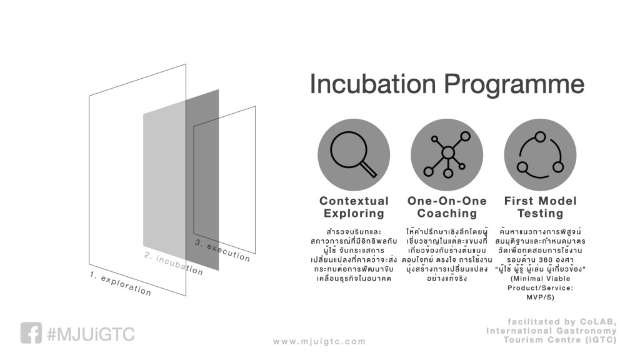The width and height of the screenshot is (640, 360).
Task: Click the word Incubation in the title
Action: coord(373,84)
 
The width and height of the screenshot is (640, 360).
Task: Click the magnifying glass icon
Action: coord(354,155)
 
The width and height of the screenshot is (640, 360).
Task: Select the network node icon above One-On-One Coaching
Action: coord(447,155)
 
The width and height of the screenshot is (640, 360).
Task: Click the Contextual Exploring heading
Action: coord(354,207)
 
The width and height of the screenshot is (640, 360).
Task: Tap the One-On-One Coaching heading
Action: coord(447,207)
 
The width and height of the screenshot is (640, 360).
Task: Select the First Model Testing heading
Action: coord(541,207)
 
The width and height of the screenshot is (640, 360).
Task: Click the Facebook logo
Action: coord(31,333)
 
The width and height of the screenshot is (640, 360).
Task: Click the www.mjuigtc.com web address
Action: coord(319,342)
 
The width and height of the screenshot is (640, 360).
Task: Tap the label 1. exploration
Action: coord(121,283)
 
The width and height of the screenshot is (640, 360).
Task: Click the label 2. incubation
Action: coord(174,264)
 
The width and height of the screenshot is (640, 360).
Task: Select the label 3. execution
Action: coord(222,250)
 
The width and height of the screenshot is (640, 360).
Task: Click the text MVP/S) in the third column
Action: coord(540,297)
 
